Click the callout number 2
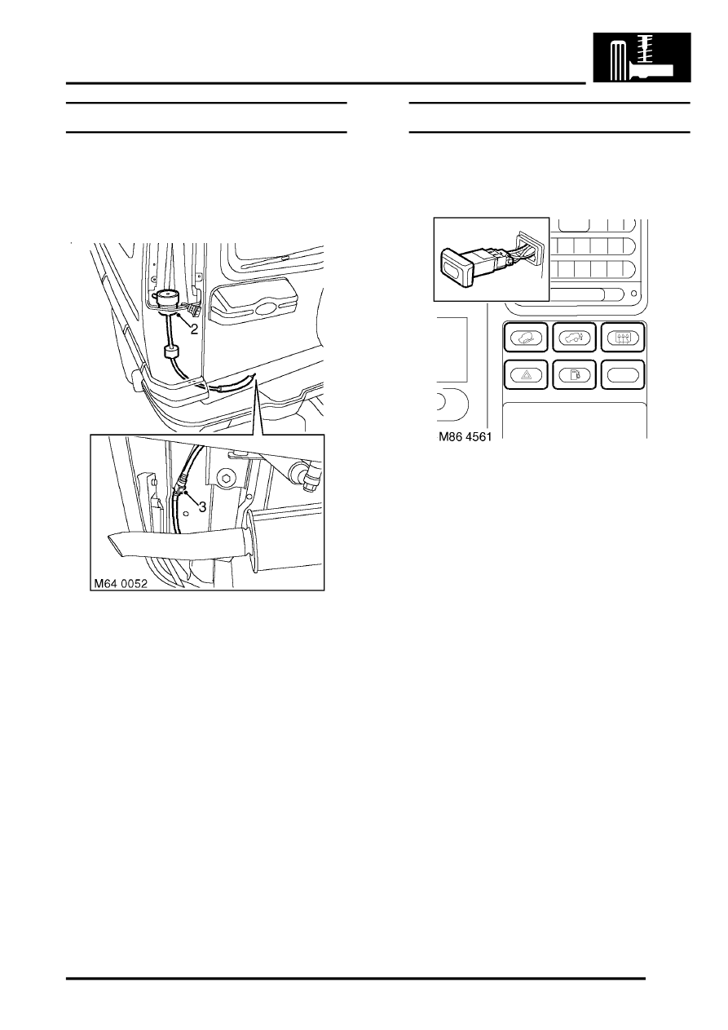(x=194, y=329)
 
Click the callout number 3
(x=203, y=507)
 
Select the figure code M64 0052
(x=121, y=584)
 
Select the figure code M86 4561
(x=465, y=436)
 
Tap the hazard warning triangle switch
(x=526, y=375)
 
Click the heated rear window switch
(x=623, y=338)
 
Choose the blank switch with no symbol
(x=623, y=375)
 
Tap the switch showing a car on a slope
(x=526, y=338)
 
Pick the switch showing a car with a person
(x=574, y=338)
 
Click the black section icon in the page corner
(x=642, y=57)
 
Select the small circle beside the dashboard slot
(x=633, y=294)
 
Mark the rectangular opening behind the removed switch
(x=530, y=249)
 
